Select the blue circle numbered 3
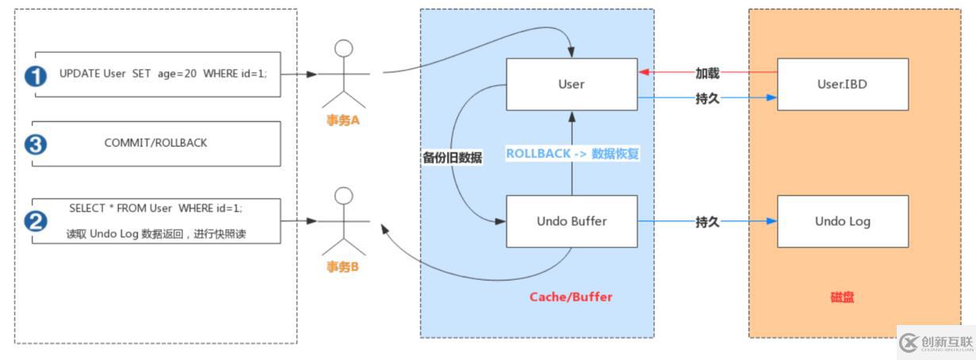pyautogui.click(x=36, y=144)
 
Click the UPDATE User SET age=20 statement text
pyautogui.click(x=163, y=74)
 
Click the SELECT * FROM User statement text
pyautogui.click(x=155, y=209)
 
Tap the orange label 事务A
pyautogui.click(x=343, y=121)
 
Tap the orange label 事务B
pyautogui.click(x=343, y=266)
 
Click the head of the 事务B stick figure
pyautogui.click(x=343, y=195)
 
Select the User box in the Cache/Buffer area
pyautogui.click(x=571, y=84)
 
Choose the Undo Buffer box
pyautogui.click(x=571, y=221)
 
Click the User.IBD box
pyautogui.click(x=842, y=84)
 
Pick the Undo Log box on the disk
pyautogui.click(x=842, y=221)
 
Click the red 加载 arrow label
pyautogui.click(x=707, y=74)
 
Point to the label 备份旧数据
pyautogui.click(x=452, y=157)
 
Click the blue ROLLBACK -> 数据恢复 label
pyautogui.click(x=572, y=154)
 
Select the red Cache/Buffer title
pyautogui.click(x=571, y=297)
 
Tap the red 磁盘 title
pyautogui.click(x=842, y=297)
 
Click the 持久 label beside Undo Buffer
pyautogui.click(x=707, y=222)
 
